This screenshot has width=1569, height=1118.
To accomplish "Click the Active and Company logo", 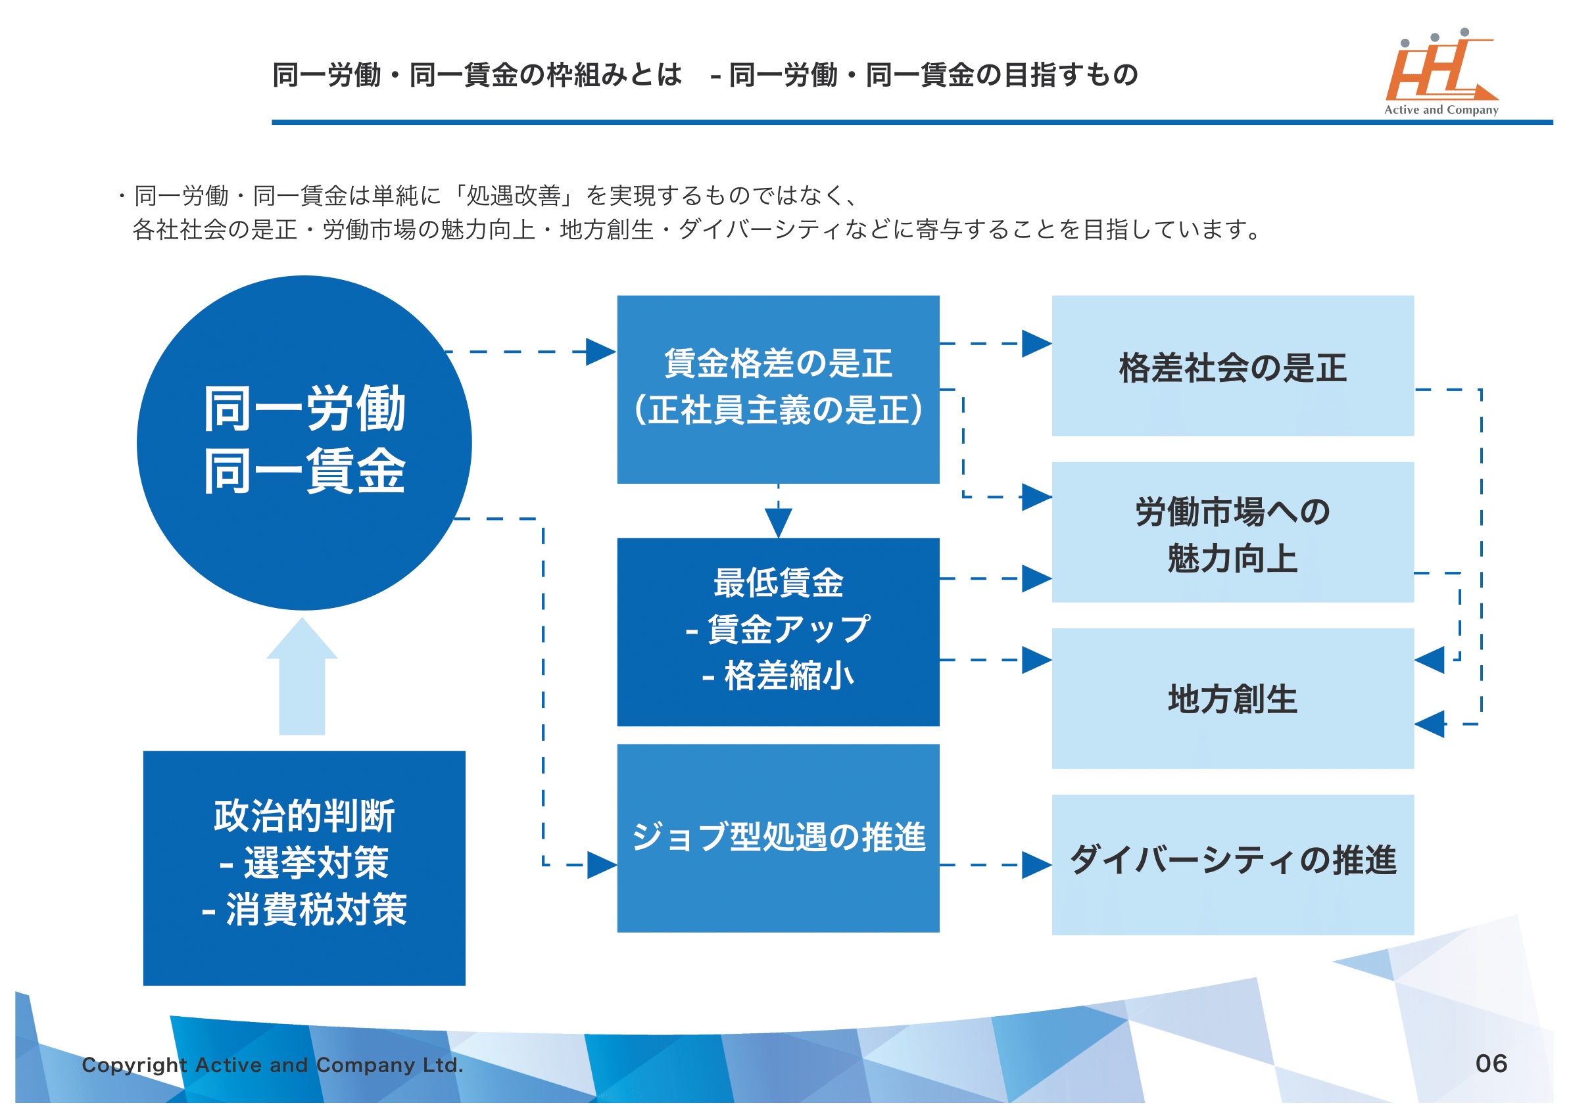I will [1441, 72].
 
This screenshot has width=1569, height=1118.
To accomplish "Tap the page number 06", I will [1491, 1064].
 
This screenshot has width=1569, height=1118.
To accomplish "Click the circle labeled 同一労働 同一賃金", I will [304, 442].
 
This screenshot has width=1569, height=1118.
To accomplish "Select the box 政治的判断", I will [304, 868].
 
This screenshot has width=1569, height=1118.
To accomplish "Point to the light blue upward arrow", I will [302, 678].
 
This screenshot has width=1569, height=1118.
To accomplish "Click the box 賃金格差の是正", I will [779, 389].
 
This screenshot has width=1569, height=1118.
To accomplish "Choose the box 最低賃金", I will [779, 632].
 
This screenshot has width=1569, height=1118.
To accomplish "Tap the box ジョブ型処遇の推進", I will [779, 839].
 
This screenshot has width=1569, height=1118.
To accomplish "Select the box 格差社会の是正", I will [1233, 366].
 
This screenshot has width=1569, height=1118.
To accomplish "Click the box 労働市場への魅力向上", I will [1233, 533].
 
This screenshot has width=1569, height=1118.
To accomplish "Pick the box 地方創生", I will [1233, 699].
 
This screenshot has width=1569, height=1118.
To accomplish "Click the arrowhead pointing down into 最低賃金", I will [779, 524].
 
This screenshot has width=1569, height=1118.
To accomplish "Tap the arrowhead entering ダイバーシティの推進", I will [1036, 866].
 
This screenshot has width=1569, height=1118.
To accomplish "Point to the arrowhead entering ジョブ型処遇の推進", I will [601, 866].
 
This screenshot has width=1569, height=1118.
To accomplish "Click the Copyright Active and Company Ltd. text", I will [273, 1065].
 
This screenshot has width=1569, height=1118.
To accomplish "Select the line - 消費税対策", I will [304, 910].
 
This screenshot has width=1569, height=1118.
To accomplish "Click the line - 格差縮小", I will [779, 676].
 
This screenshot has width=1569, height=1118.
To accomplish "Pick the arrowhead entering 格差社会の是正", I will [1036, 344].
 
